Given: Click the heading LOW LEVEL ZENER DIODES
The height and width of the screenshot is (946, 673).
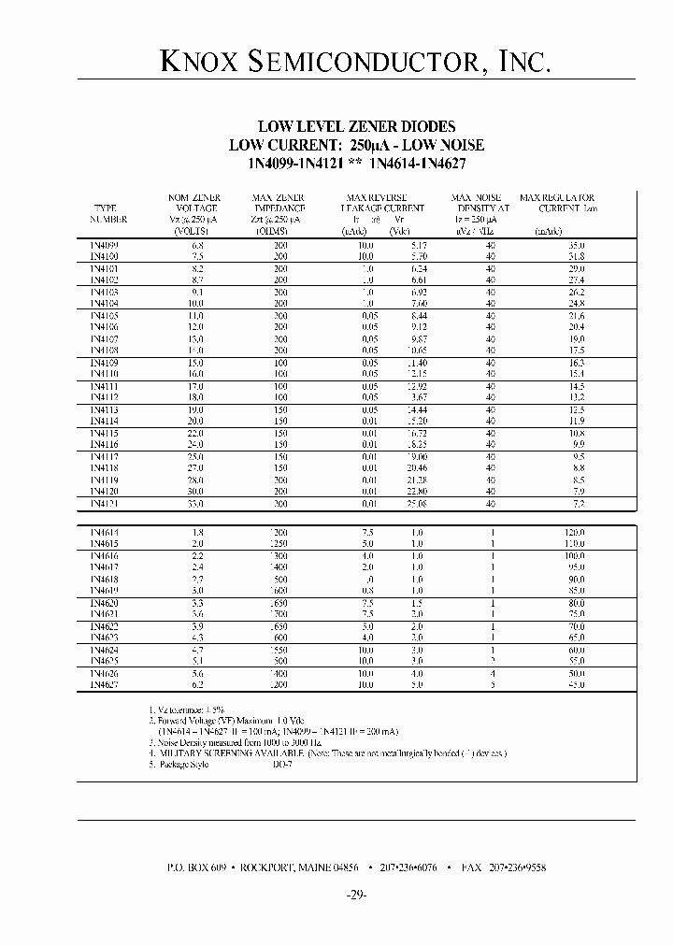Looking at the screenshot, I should click(x=356, y=126).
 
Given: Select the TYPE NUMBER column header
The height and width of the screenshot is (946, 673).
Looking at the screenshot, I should click(x=108, y=214).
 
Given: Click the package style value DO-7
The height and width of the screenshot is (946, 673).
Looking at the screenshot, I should click(x=281, y=765).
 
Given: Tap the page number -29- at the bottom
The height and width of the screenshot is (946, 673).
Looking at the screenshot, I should click(x=355, y=895).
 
